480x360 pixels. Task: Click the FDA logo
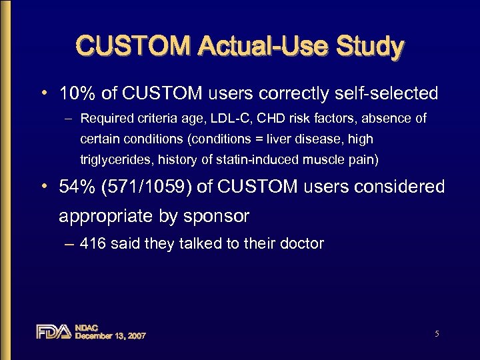[x=53, y=331]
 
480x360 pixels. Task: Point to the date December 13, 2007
[x=111, y=336]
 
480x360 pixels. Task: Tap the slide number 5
[x=437, y=333]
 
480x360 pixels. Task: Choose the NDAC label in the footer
[x=87, y=327]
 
